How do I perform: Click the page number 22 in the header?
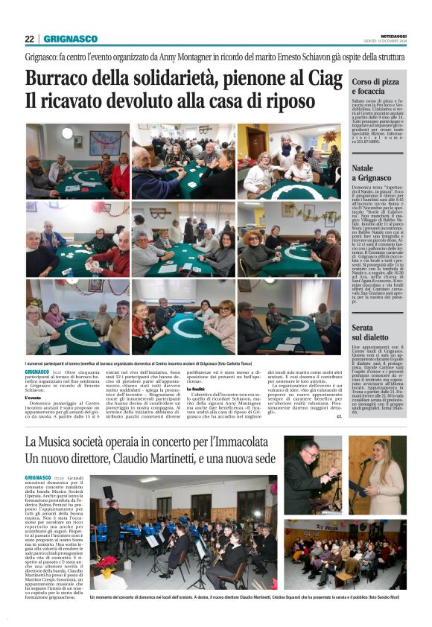tap(29, 39)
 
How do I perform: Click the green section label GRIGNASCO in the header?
tap(70, 39)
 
